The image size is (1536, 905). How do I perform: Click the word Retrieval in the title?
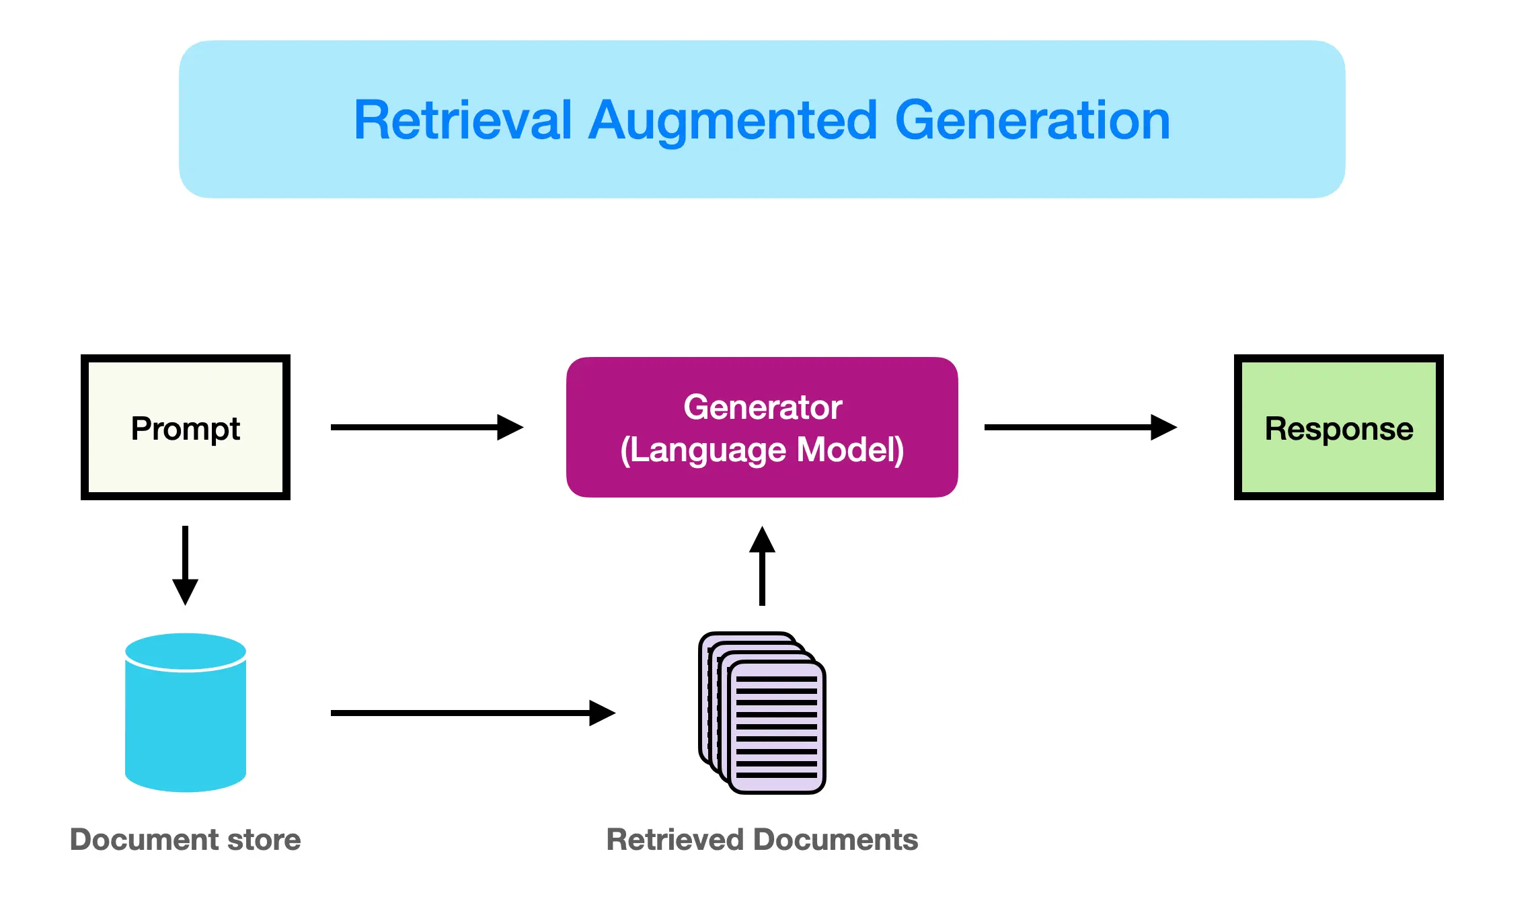[463, 120]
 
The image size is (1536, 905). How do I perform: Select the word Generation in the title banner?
[1032, 120]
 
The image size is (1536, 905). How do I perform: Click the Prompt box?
[186, 428]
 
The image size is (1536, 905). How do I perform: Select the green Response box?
[1338, 428]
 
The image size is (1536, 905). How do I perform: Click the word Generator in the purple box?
[763, 407]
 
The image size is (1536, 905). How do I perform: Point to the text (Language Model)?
[763, 450]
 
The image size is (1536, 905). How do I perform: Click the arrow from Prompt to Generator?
[426, 427]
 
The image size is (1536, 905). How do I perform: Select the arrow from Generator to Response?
[1079, 427]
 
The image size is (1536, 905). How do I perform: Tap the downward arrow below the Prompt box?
[185, 565]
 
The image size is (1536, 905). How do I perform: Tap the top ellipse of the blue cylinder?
[186, 651]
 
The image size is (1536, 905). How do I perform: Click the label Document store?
[186, 839]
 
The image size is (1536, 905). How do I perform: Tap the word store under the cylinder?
[264, 839]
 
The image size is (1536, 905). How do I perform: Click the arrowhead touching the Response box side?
[1163, 427]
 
